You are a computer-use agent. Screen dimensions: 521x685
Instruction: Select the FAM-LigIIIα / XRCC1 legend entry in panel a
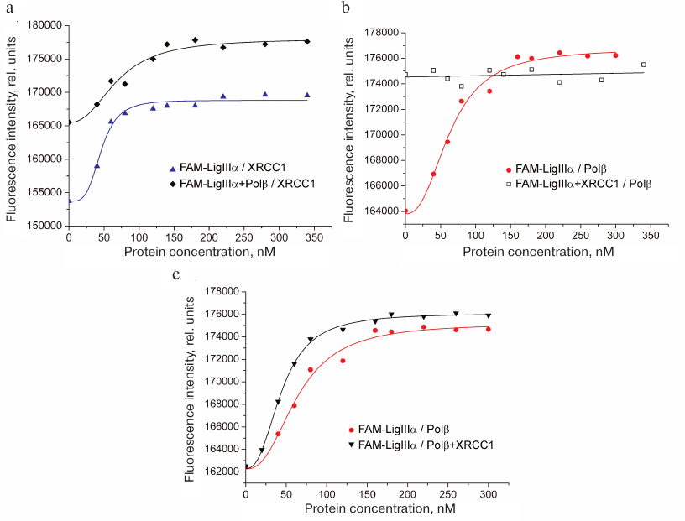pyautogui.click(x=221, y=168)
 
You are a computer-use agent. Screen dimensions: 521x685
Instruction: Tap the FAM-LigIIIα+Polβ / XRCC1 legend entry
pyautogui.click(x=237, y=184)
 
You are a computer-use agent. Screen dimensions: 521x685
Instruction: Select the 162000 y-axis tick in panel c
pyautogui.click(x=222, y=472)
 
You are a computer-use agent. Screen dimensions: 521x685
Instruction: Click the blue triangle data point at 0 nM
pyautogui.click(x=70, y=201)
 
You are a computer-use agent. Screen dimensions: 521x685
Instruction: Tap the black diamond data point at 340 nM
pyautogui.click(x=307, y=42)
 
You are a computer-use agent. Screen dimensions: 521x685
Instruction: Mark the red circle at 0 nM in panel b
pyautogui.click(x=406, y=211)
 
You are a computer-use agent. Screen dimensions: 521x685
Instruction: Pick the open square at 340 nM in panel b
pyautogui.click(x=644, y=65)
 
